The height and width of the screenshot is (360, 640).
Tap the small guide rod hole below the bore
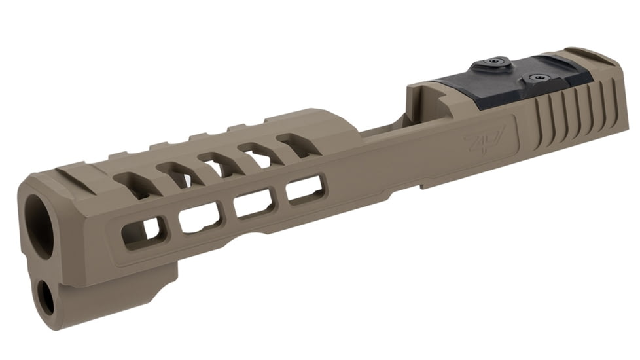click(x=46, y=297)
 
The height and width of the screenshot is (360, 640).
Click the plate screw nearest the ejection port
click(x=493, y=63)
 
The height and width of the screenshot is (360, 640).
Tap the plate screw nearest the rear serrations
click(x=539, y=78)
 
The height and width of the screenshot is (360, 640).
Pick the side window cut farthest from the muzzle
click(x=304, y=189)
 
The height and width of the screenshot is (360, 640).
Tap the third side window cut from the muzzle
click(x=254, y=202)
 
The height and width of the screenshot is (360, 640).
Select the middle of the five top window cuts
click(x=219, y=163)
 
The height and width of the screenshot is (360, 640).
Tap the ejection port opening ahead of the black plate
click(x=386, y=124)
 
